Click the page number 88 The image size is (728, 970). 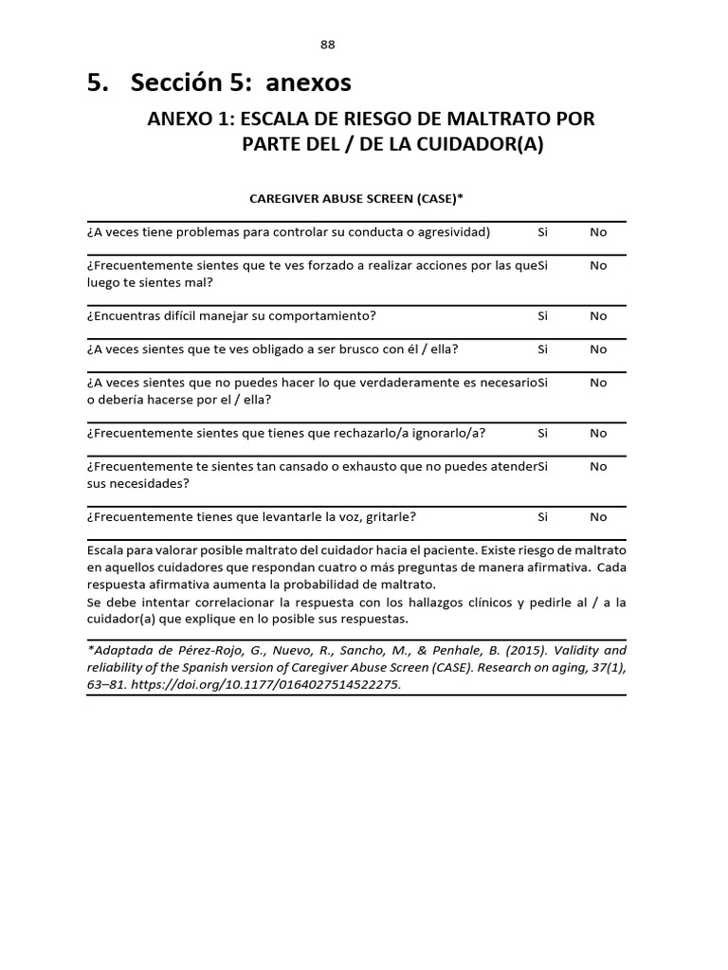tap(328, 45)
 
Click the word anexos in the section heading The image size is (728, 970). tap(309, 83)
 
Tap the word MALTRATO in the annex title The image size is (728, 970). tap(503, 120)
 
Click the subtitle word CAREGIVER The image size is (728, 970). tap(285, 199)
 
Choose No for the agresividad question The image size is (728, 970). tap(598, 232)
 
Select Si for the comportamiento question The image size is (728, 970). tap(543, 315)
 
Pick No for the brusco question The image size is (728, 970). tap(598, 349)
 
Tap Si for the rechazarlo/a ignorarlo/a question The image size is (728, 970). tap(543, 433)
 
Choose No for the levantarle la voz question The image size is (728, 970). tap(598, 517)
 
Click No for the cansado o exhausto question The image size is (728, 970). tap(598, 466)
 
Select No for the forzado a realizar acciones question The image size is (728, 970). tap(598, 266)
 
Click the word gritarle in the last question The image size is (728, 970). tap(392, 517)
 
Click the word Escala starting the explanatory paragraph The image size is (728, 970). tap(104, 550)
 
